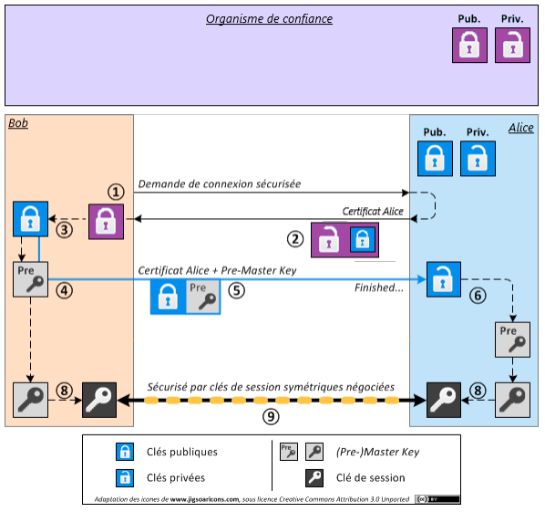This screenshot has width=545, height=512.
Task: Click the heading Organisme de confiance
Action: click(269, 19)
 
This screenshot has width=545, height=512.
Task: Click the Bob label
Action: click(18, 123)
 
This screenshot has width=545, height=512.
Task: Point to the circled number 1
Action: click(115, 192)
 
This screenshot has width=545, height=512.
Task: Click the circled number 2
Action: click(294, 239)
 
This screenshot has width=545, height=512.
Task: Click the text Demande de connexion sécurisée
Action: click(220, 184)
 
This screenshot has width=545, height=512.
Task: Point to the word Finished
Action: click(378, 287)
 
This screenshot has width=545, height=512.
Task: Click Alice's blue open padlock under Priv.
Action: click(476, 160)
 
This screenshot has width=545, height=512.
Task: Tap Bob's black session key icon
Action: click(100, 400)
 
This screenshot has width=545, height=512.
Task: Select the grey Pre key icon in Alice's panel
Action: click(511, 339)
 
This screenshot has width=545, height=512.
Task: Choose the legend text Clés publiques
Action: click(181, 451)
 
